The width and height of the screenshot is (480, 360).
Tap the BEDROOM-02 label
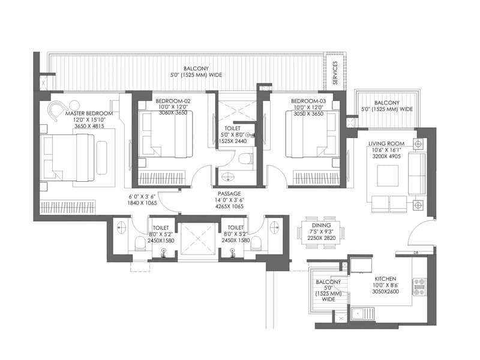(173, 101)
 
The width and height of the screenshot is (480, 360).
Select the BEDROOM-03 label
(308, 101)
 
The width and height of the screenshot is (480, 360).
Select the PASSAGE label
(230, 194)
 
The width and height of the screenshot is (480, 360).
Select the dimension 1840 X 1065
(142, 203)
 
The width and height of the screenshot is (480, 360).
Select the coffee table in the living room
(385, 176)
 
